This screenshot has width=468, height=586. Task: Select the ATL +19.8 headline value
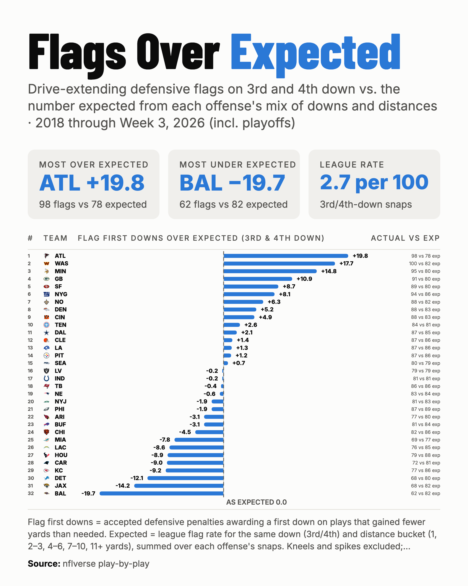[x=92, y=183]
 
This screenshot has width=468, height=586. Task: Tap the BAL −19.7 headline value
[x=232, y=183]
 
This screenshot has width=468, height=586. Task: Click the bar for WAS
[x=279, y=263]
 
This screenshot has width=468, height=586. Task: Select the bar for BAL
[x=162, y=493]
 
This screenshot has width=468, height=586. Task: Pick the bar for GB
[x=258, y=279]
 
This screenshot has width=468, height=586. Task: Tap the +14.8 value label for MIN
[x=329, y=271]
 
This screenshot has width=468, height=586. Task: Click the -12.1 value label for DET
[x=137, y=478]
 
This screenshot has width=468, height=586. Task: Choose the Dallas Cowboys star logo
[x=47, y=333]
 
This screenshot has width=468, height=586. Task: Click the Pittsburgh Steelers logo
[x=47, y=356]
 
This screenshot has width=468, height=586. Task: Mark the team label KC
[x=58, y=471]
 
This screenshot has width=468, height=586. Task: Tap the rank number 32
[x=31, y=493]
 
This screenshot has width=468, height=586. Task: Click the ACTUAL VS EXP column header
[x=405, y=238]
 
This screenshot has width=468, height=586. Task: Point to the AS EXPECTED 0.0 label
[x=256, y=502]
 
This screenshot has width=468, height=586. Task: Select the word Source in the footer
[x=44, y=563]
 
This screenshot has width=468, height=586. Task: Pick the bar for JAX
[x=179, y=486]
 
